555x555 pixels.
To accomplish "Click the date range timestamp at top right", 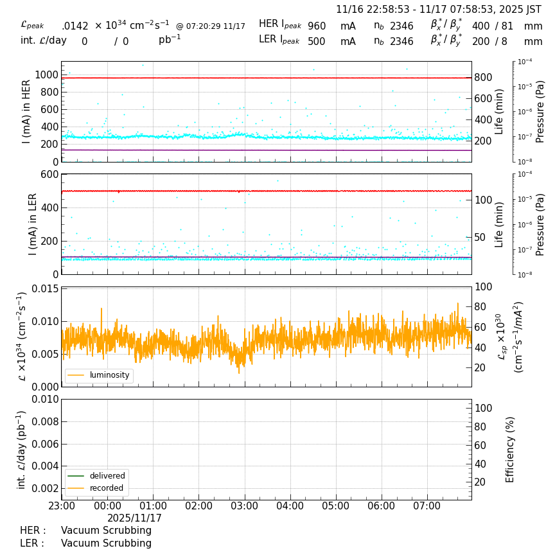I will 439,10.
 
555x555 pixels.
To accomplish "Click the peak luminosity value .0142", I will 75,26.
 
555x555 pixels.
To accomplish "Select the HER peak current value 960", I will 317,26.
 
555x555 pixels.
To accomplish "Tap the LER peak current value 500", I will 317,42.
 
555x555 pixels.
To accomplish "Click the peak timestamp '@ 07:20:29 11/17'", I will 210,26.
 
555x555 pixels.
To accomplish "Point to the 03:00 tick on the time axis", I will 244,506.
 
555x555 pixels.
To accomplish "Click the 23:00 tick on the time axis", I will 62,506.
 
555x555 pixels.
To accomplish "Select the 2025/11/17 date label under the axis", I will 134,518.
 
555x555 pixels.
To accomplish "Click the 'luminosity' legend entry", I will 109,375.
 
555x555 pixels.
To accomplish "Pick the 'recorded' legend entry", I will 107,488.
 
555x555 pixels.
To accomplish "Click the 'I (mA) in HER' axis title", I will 27,112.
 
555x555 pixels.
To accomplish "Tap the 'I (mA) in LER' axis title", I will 32,224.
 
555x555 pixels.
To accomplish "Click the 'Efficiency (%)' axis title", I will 511,449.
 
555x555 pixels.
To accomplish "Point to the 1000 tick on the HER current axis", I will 46,75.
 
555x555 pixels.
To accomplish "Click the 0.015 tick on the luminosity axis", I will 43,288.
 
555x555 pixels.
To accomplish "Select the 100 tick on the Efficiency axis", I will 482,408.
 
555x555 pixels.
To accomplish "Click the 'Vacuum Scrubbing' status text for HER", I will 106,531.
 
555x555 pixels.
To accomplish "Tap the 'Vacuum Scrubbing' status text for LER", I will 106,543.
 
